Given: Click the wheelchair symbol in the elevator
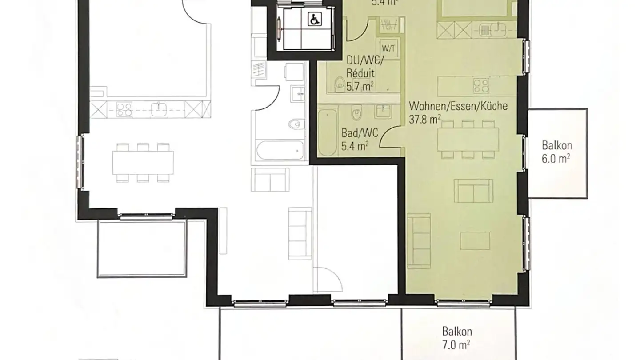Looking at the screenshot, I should [314, 19].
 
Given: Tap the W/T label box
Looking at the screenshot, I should [388, 46].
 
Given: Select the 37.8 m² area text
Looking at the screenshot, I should [424, 119].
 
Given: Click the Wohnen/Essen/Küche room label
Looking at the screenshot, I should [458, 106].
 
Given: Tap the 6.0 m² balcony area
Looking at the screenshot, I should [556, 159].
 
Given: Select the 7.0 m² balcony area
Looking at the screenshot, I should [456, 344].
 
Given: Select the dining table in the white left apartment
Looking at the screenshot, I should [143, 163].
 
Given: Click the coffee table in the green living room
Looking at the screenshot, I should [475, 240].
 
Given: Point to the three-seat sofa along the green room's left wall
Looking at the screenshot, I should [419, 238].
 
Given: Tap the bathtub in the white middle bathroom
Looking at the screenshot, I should [280, 150].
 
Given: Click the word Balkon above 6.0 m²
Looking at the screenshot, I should [556, 146].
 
